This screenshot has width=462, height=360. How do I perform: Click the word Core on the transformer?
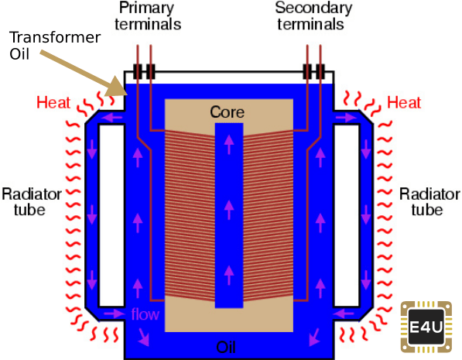(228, 112)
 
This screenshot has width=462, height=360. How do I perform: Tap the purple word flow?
(145, 314)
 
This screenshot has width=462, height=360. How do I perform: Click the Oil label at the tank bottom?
(226, 347)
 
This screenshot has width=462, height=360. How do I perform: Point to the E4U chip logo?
(426, 327)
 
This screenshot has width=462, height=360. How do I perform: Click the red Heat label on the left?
(53, 103)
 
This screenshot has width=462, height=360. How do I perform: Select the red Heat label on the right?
(404, 103)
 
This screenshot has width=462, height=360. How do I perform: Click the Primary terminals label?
(148, 16)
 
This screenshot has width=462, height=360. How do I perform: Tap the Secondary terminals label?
(313, 16)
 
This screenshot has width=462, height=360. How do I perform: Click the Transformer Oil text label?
(55, 46)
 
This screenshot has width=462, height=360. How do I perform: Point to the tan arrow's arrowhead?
(118, 87)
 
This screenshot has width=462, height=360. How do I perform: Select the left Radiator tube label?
(32, 202)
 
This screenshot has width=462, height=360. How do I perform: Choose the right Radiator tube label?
(429, 202)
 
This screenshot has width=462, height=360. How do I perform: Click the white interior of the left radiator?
(111, 215)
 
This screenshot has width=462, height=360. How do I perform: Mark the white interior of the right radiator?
(347, 215)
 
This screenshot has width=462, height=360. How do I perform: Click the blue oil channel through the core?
(229, 215)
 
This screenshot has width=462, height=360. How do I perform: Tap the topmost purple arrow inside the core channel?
(229, 144)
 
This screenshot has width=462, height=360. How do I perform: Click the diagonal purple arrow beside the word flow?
(144, 337)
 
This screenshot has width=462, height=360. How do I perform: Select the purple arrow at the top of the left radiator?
(111, 118)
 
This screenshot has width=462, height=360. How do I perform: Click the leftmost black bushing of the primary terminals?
(137, 71)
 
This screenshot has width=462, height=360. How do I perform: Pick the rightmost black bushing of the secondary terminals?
(320, 71)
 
